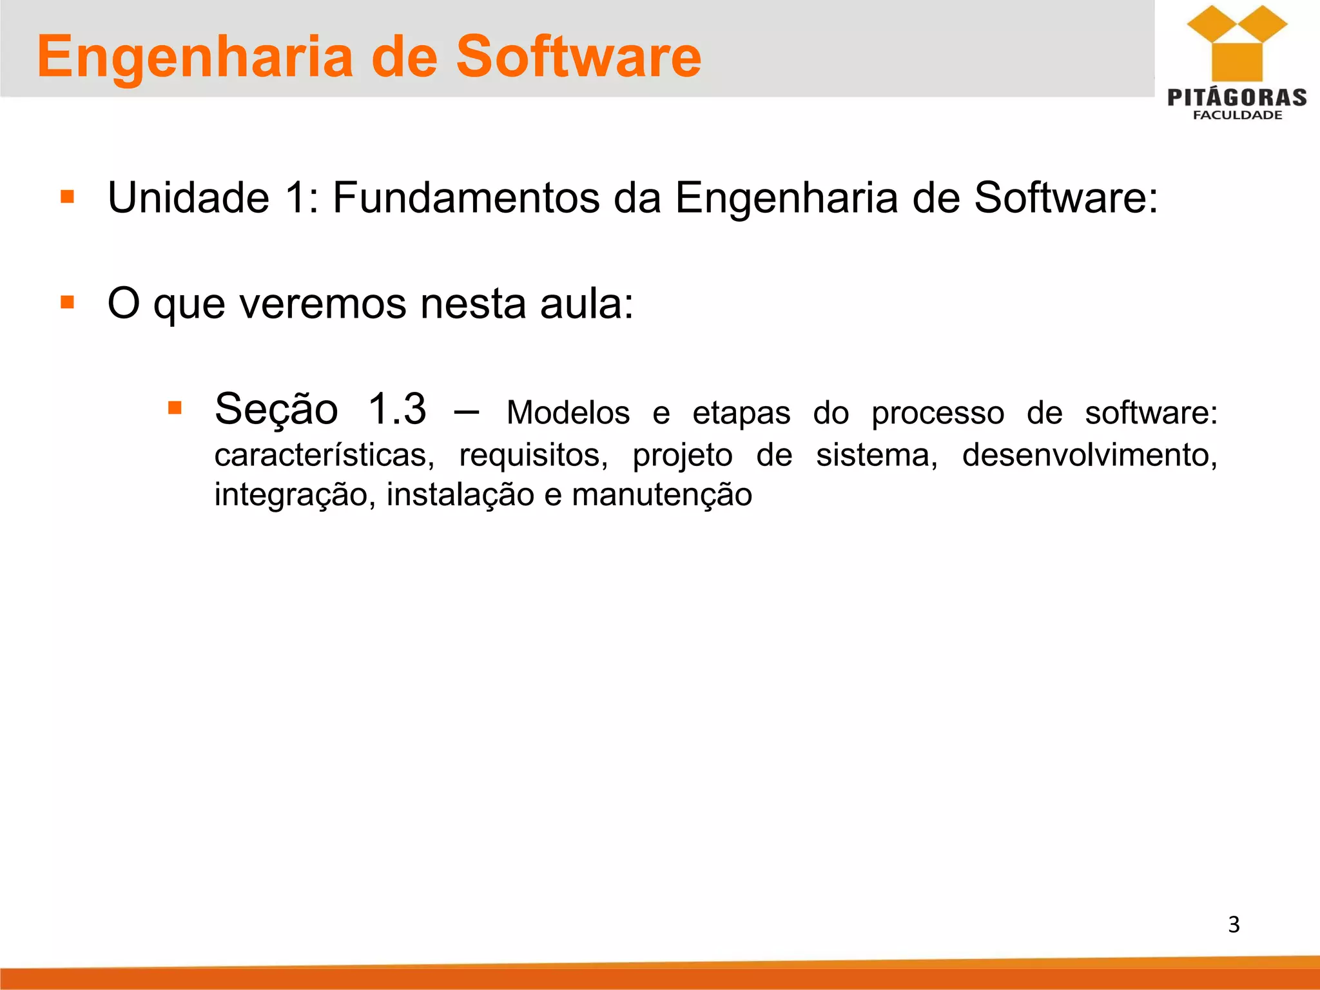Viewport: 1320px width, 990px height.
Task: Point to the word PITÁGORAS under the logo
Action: (1237, 97)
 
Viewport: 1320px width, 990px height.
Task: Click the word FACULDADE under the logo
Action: (1237, 115)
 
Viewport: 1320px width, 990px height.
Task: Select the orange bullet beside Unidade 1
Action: (67, 196)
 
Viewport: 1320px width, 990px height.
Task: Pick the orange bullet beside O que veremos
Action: (67, 302)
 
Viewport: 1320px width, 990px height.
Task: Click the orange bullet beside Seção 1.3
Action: (175, 407)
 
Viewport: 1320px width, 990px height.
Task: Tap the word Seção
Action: (277, 409)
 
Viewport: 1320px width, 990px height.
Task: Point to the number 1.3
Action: (397, 409)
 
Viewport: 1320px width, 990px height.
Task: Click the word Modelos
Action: (568, 412)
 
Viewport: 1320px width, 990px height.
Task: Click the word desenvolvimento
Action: (1089, 455)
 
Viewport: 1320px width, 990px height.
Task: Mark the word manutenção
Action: (662, 495)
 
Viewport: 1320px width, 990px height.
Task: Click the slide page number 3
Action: (1234, 924)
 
